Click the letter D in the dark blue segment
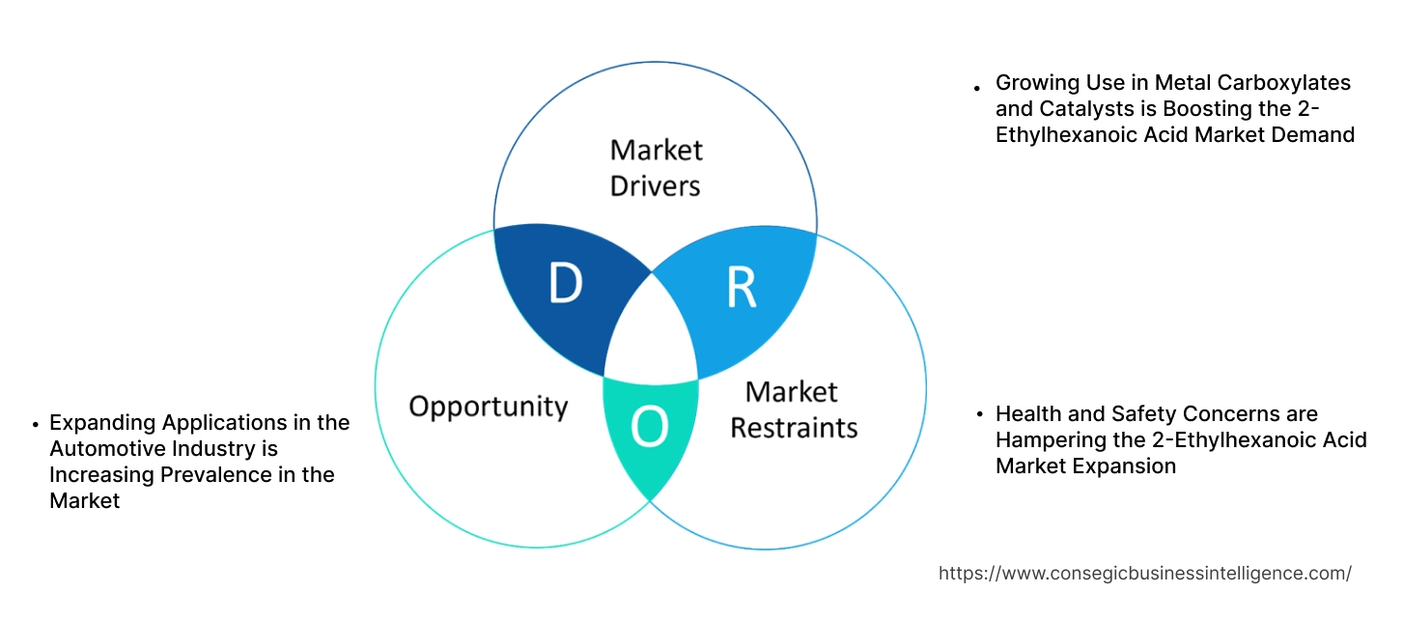tap(566, 283)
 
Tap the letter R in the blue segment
tap(741, 288)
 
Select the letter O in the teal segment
tap(650, 429)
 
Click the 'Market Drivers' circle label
tap(656, 167)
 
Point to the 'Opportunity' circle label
tap(488, 406)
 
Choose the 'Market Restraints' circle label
tap(793, 409)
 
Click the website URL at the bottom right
tap(1144, 573)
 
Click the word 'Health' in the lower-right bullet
tap(1026, 414)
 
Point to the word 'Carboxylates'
tap(1290, 83)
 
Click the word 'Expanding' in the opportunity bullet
tap(102, 422)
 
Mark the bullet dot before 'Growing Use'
tap(977, 86)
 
